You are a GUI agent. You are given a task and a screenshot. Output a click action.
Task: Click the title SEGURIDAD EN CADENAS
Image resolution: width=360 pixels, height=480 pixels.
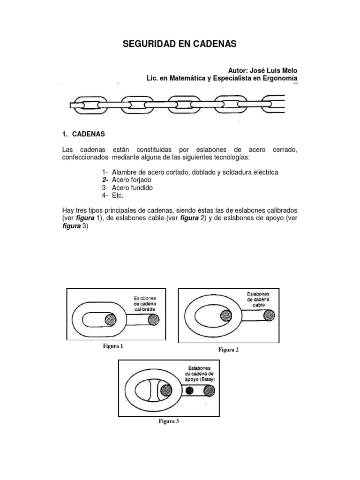pos(180,45)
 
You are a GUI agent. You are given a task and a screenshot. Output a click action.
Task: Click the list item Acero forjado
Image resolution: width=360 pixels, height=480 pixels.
pos(132,180)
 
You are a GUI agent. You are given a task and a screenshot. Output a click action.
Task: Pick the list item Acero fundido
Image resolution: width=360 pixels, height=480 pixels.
pos(133,188)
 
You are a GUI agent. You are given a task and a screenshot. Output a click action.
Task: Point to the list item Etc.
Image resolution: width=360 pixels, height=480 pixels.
pos(118,195)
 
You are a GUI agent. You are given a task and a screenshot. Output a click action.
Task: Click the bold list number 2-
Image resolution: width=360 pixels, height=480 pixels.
pos(105,180)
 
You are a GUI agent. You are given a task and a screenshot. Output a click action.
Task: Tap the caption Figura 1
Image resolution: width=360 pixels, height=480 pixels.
pos(113,346)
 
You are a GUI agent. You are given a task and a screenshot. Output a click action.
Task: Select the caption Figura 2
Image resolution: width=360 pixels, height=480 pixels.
pos(229,350)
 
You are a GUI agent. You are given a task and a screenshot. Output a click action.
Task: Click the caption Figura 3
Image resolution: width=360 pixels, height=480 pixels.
pos(169,421)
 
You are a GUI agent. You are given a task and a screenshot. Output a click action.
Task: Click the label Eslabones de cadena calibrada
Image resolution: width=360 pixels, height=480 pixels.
pos(145,304)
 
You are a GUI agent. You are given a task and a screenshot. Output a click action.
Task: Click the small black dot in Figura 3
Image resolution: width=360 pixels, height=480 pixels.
pos(189,390)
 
